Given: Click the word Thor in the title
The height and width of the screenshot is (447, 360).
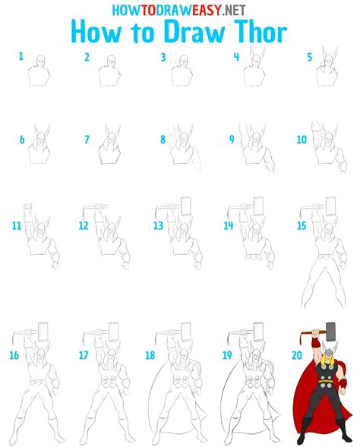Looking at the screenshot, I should coord(254,33).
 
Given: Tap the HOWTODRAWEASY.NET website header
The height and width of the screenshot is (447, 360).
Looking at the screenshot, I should coord(179,10).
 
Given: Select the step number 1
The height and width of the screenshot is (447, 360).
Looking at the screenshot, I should coord(21,57).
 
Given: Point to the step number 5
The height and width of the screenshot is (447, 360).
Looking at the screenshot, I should coord(309,57).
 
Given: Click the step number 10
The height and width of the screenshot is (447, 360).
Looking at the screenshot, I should coord(302,140).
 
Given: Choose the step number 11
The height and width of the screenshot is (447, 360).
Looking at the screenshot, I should coord(17,226).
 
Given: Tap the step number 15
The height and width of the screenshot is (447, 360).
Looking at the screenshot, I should coord(302,226).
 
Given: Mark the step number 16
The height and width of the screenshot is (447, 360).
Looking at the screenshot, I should coord(14,354).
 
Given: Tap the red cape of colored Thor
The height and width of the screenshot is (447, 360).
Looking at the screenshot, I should coord(304,402).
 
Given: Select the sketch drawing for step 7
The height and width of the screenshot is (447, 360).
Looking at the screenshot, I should coord(111,148).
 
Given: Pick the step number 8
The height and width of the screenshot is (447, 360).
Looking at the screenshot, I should coord(163,140).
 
